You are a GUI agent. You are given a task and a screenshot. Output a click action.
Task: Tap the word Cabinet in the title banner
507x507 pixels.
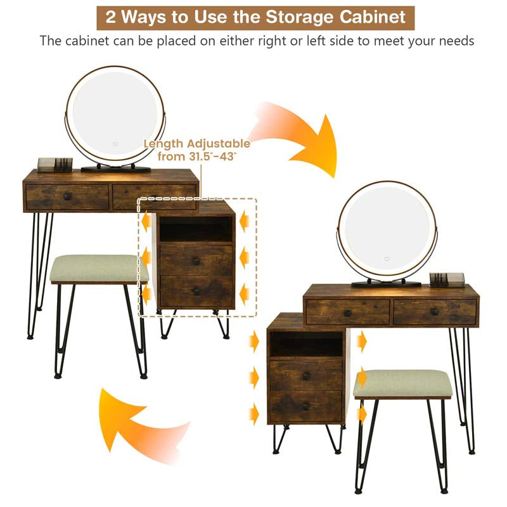pyautogui.click(x=372, y=17)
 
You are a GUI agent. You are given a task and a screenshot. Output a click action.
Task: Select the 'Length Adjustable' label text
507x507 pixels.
pyautogui.click(x=197, y=144)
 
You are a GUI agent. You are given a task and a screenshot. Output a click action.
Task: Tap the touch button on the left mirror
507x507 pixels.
pyautogui.click(x=115, y=144)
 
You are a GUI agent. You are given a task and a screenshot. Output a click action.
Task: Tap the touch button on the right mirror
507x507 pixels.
pyautogui.click(x=387, y=259)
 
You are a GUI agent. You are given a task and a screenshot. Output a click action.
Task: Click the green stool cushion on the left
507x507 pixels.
pyautogui.click(x=99, y=268)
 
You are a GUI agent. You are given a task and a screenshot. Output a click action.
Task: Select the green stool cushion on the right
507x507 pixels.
pyautogui.click(x=402, y=383)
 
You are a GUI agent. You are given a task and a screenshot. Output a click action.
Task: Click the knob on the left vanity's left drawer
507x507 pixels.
pyautogui.click(x=67, y=196)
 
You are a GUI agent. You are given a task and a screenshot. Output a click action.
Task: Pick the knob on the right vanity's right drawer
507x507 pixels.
pyautogui.click(x=435, y=312)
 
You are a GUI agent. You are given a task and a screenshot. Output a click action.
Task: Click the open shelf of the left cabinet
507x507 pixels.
pyautogui.click(x=196, y=229)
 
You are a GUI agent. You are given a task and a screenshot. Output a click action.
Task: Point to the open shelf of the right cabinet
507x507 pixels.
pyautogui.click(x=306, y=344)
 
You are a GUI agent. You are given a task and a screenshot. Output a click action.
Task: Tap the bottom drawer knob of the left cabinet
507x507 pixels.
pyautogui.click(x=196, y=292)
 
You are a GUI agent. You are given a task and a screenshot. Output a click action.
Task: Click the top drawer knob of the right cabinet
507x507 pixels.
pyautogui.click(x=306, y=376)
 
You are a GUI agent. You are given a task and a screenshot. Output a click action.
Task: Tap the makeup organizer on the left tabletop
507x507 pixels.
pyautogui.click(x=55, y=165)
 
